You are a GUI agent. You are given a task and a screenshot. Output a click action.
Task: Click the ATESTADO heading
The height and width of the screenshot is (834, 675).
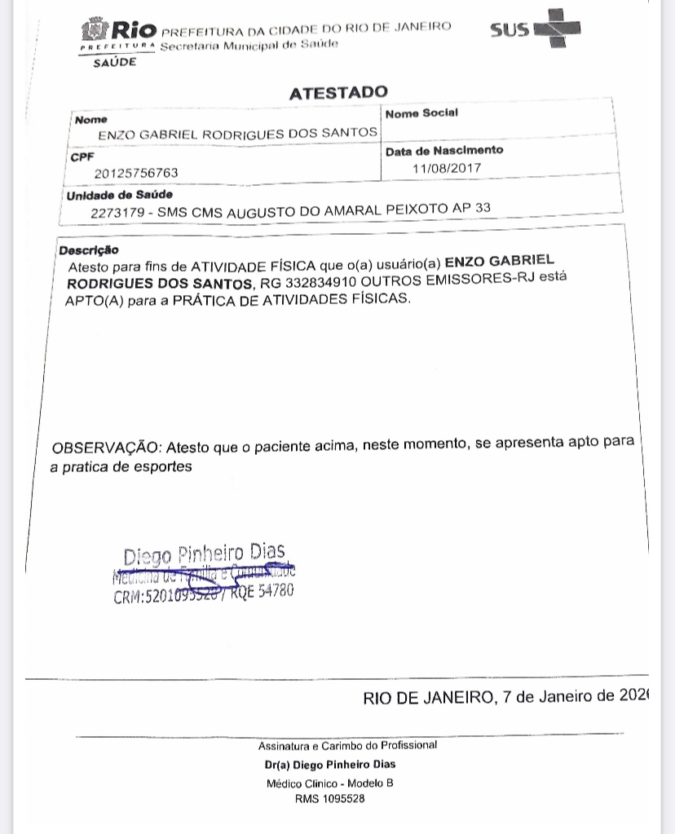tap(338, 93)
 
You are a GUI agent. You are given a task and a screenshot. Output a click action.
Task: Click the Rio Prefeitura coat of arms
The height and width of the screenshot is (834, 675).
tap(94, 31)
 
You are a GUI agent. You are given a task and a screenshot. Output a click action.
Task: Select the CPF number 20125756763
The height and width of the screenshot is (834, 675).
tap(136, 173)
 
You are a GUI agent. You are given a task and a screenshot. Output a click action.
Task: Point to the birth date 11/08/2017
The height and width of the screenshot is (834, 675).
tap(448, 168)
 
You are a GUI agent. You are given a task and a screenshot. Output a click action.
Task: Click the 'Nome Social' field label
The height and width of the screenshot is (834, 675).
tap(421, 113)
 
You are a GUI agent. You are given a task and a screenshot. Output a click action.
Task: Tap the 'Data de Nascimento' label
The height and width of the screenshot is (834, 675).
tap(444, 151)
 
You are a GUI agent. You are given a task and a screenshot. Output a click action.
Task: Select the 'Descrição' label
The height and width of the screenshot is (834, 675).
tap(89, 250)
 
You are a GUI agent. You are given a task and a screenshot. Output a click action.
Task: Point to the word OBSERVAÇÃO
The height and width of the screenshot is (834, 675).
tap(107, 448)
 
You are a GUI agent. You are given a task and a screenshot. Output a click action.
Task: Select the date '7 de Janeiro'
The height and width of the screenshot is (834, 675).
tap(546, 698)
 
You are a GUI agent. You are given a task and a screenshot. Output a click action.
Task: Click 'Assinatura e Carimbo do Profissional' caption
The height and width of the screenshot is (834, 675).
tap(347, 745)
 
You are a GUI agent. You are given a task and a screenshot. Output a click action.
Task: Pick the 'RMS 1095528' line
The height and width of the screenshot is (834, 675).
tap(330, 800)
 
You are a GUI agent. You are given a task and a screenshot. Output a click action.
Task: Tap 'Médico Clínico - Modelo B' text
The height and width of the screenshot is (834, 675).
tap(330, 783)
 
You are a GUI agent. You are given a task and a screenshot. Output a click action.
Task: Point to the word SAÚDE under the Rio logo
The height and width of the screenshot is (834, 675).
tap(114, 63)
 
